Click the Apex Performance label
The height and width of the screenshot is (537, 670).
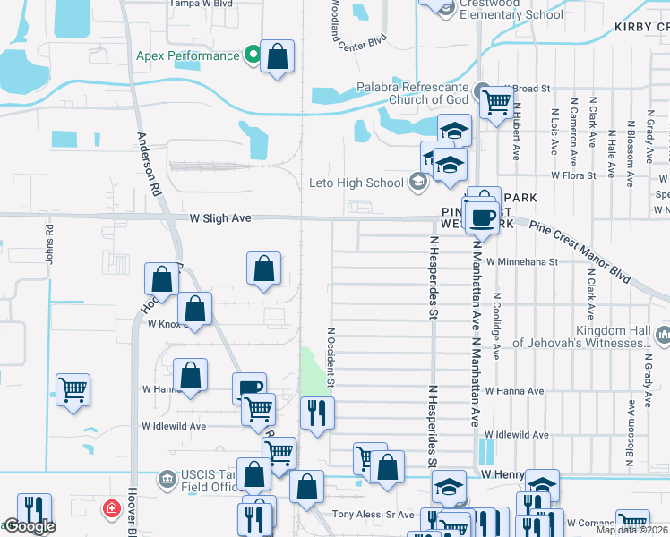tap(187, 55)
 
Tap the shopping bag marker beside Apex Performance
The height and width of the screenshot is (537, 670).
tap(279, 58)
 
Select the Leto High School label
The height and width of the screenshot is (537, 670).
tap(356, 183)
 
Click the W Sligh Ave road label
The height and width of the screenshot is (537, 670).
tap(219, 217)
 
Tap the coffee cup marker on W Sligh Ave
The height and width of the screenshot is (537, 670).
tap(482, 218)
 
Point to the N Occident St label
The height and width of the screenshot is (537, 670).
tap(331, 355)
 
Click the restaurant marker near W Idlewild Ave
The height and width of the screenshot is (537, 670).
tap(315, 413)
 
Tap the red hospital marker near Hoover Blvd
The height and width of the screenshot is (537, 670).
tap(111, 508)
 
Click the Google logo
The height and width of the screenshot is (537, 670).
tap(29, 526)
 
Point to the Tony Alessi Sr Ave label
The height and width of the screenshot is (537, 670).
tap(373, 515)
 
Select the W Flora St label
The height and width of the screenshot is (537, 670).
tap(573, 175)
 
